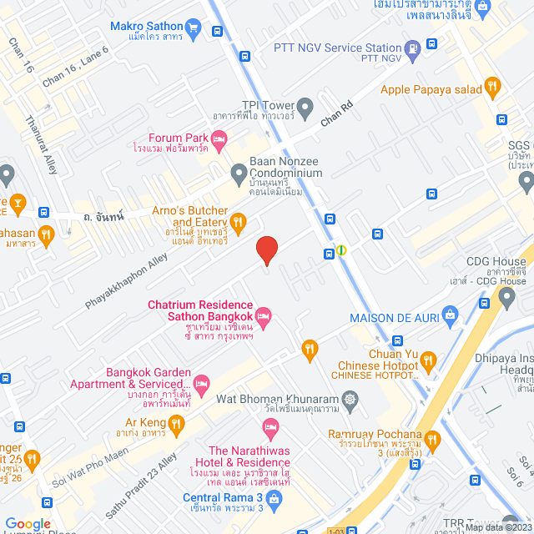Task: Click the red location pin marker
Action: coord(266,250)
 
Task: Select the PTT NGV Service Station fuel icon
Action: coord(412,49)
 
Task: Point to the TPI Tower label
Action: coord(264,106)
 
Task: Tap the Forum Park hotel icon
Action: coord(219,139)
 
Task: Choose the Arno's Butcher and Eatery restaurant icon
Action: coord(239,221)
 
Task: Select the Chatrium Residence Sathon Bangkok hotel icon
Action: coord(264,315)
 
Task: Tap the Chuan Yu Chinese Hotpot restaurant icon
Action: coord(429,360)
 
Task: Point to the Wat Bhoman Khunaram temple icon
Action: coord(348,398)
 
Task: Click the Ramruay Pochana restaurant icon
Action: coord(432,438)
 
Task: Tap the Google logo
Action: coord(28,523)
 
